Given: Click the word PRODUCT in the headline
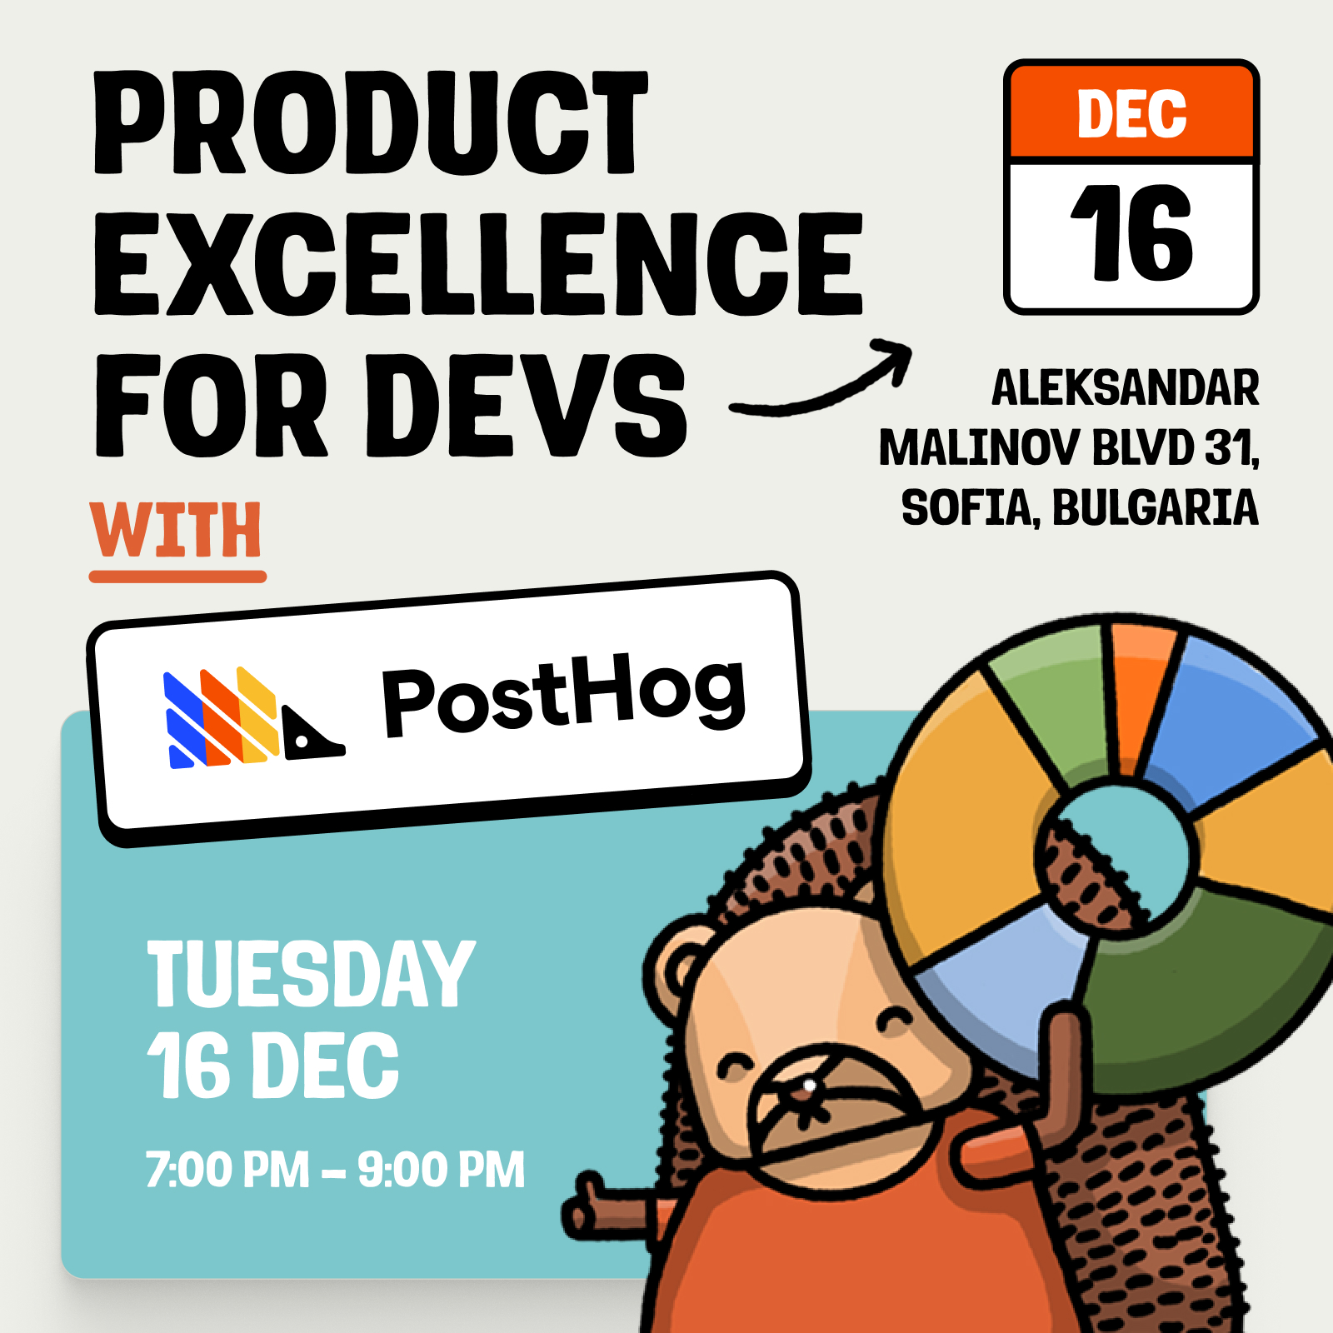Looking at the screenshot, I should tap(371, 123).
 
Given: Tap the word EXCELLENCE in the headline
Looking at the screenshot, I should tap(478, 264).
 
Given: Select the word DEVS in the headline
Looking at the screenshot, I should tap(537, 406).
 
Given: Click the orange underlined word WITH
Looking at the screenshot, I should tap(177, 531).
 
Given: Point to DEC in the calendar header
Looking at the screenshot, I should tap(1131, 114).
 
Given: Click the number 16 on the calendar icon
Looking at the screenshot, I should tap(1131, 233).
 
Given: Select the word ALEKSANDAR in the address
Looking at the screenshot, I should tap(1125, 388).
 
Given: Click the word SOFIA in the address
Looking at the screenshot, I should tap(966, 508).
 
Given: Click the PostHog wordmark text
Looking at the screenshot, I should tap(563, 696).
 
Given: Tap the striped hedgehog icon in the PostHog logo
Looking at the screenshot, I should tap(250, 718).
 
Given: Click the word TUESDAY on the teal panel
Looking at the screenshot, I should tap(311, 973).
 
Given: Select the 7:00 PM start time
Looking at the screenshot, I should tap(227, 1170).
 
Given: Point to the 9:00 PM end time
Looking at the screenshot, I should tap(442, 1170).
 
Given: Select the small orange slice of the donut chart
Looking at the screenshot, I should tap(1138, 691).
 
